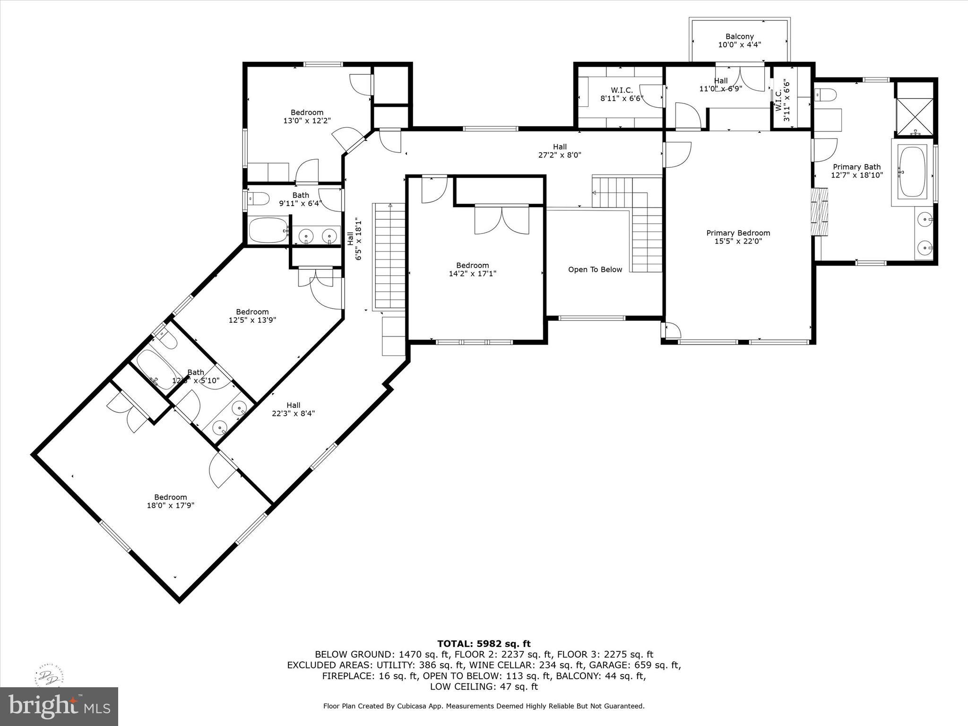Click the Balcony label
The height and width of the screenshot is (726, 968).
pos(739,36)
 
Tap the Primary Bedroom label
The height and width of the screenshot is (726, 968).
pos(738,233)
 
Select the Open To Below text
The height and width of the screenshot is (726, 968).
pos(595,269)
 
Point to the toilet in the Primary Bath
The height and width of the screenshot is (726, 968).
pos(826,95)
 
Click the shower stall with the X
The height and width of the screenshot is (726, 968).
pos(915,116)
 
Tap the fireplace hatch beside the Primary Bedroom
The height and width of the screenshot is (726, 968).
pos(820,212)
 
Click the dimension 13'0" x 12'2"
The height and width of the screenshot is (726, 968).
pos(307,121)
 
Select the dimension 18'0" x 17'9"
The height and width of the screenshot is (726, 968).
pos(171,505)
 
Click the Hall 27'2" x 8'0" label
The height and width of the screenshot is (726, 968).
pos(560,151)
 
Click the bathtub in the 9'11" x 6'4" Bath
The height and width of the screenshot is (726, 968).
pos(268,230)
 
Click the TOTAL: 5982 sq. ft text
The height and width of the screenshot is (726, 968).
pos(484,644)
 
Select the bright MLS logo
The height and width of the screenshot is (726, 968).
pos(59,706)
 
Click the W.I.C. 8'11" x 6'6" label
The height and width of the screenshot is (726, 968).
pos(622,94)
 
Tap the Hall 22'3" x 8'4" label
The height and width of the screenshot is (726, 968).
pos(293,409)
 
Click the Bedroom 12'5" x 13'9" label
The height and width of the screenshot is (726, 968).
pos(252,316)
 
